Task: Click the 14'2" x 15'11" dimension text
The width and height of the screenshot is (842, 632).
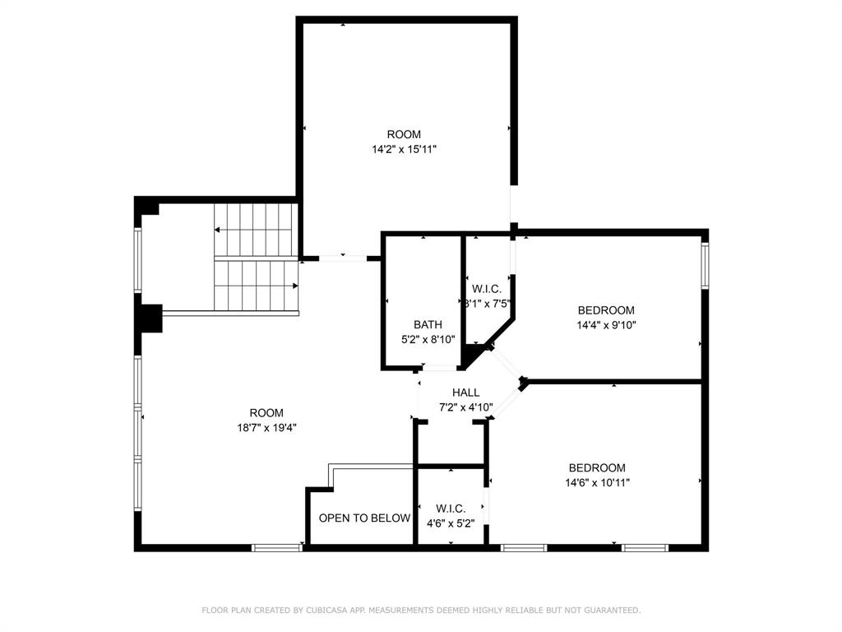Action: pyautogui.click(x=404, y=150)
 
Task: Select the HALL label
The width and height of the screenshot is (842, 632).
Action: pyautogui.click(x=465, y=393)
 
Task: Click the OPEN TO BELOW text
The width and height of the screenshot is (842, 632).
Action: pyautogui.click(x=364, y=518)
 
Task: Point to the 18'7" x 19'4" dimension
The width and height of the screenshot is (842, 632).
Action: pyautogui.click(x=266, y=427)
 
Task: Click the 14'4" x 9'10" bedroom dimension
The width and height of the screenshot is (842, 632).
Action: pyautogui.click(x=606, y=324)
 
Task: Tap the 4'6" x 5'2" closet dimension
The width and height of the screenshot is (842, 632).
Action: pyautogui.click(x=451, y=523)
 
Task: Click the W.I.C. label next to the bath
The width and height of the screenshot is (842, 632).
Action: pyautogui.click(x=487, y=289)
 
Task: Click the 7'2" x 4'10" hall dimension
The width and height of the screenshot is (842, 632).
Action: pyautogui.click(x=465, y=407)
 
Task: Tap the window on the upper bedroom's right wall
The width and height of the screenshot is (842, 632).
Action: pyautogui.click(x=705, y=264)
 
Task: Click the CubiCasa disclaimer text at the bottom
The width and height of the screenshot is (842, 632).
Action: pyautogui.click(x=421, y=610)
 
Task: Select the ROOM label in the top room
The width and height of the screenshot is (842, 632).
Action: pyautogui.click(x=404, y=134)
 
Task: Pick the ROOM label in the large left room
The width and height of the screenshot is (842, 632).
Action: pyautogui.click(x=266, y=413)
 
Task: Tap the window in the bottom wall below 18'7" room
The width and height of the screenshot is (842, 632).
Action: pyautogui.click(x=277, y=547)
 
